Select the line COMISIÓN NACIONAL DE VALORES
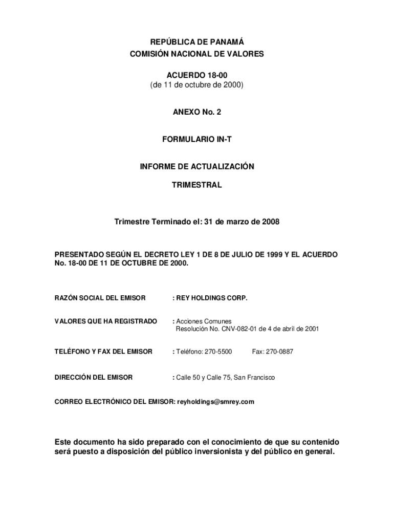197,54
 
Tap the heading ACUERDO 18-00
197,75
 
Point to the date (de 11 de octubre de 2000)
197,85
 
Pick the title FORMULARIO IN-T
197,139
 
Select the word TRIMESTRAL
197,185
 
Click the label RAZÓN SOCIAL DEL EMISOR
100,298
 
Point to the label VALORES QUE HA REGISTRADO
106,321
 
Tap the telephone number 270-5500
218,352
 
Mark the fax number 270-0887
280,352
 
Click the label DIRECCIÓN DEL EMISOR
94,377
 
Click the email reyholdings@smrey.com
215,402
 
